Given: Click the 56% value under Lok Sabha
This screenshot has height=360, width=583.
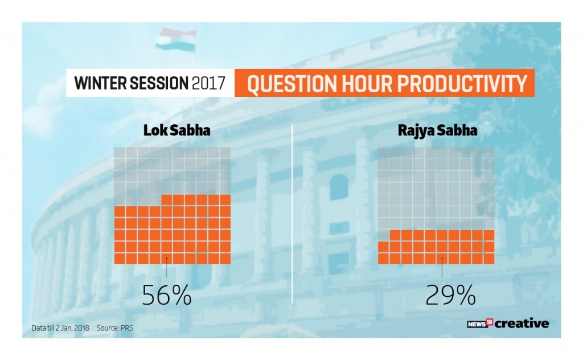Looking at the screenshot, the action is coord(167,295).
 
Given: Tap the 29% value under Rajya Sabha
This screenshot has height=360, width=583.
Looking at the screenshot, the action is coord(450,295).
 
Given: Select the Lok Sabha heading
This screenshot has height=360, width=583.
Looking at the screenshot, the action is coord(177,130).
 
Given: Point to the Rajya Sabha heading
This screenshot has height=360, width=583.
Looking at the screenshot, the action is coord(438,131).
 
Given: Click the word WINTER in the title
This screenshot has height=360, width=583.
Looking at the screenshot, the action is coord(99,83).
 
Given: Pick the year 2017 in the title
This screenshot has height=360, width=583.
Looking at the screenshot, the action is coord(208,83).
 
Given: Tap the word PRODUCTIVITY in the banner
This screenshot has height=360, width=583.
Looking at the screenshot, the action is coord(463,83).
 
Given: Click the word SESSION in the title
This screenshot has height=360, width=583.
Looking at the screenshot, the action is coord(159,83).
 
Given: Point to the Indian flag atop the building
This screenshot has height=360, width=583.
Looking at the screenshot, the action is coord(176,40).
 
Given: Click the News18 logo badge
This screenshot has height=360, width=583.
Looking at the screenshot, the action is coord(480,323).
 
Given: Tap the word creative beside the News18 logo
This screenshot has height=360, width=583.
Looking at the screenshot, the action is coord(522,323).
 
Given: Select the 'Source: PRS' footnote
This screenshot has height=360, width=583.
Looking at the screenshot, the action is coord(115,328).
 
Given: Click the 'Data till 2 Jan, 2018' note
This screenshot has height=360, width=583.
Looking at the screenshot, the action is coord(60,328).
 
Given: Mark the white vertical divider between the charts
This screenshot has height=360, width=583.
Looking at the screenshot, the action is coord(292,214).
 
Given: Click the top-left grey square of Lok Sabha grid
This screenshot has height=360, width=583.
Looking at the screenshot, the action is coord(120,153).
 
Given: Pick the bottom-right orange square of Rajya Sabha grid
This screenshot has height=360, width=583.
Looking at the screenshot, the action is coord(489,259).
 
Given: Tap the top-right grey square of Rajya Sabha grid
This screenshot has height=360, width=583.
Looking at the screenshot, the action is coord(489,153).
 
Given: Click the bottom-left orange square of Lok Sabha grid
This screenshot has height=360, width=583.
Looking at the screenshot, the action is coord(120,259).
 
